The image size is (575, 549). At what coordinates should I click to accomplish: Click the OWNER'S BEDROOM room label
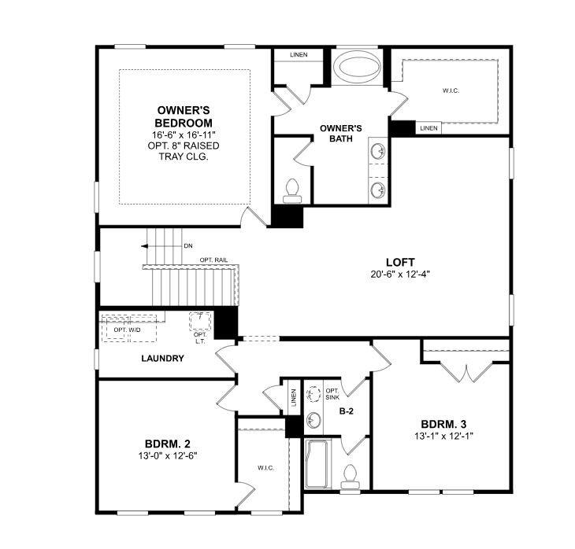click(184, 116)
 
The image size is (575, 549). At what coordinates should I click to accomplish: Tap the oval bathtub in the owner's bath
click(358, 68)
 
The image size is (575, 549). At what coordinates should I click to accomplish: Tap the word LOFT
click(400, 262)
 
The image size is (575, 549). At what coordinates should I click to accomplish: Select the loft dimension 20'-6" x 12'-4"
click(400, 274)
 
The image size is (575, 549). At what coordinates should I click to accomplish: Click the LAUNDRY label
click(162, 359)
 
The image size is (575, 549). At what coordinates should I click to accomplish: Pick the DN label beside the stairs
click(187, 246)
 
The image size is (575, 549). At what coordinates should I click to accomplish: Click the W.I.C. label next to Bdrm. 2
click(265, 468)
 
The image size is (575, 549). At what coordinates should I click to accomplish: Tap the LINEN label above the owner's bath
click(299, 55)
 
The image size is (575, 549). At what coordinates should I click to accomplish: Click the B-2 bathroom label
click(345, 411)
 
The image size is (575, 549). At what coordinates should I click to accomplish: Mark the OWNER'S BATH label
click(341, 133)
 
